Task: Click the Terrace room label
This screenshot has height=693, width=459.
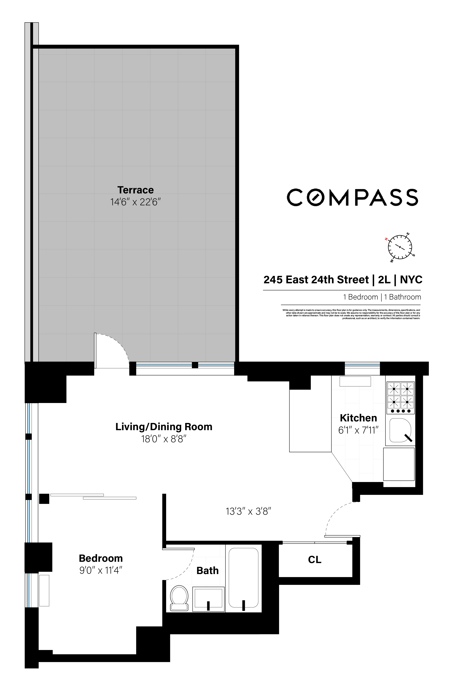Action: pos(135,190)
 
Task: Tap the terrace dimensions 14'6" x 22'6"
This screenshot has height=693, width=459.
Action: pos(135,202)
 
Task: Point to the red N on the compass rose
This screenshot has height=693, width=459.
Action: pos(386,239)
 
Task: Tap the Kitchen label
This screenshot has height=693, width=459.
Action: pos(358,418)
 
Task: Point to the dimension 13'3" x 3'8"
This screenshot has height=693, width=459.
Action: pos(248,511)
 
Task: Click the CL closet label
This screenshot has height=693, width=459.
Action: pos(315,560)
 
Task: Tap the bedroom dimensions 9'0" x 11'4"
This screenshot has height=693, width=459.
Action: pos(101,571)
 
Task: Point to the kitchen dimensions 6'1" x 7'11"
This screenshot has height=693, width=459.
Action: pos(358,430)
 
